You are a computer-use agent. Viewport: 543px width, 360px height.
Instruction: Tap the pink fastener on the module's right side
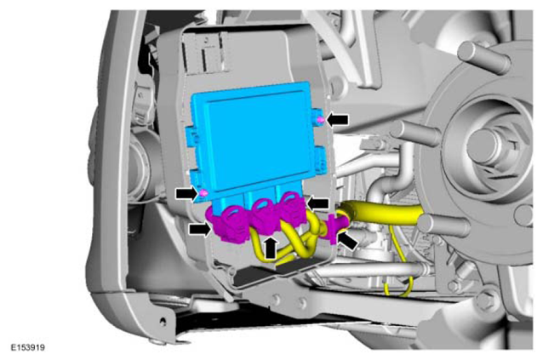321,120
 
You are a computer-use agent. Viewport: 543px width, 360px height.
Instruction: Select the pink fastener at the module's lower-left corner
204,193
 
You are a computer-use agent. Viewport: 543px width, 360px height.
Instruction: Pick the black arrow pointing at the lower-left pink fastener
187,193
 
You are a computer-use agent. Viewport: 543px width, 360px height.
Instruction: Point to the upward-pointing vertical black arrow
271,247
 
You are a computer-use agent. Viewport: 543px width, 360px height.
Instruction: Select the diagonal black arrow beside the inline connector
347,240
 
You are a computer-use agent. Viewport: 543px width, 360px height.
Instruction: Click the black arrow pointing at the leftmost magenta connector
200,229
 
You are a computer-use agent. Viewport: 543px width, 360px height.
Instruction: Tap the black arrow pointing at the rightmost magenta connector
318,203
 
